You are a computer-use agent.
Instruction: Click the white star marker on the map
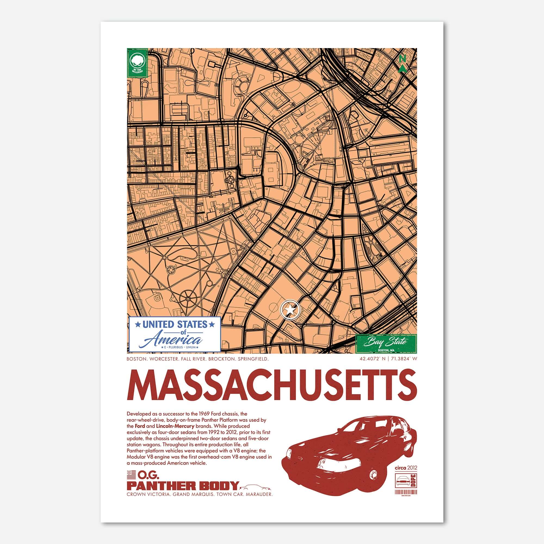click(x=290, y=310)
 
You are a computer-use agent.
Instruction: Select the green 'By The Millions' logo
click(x=137, y=63)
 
